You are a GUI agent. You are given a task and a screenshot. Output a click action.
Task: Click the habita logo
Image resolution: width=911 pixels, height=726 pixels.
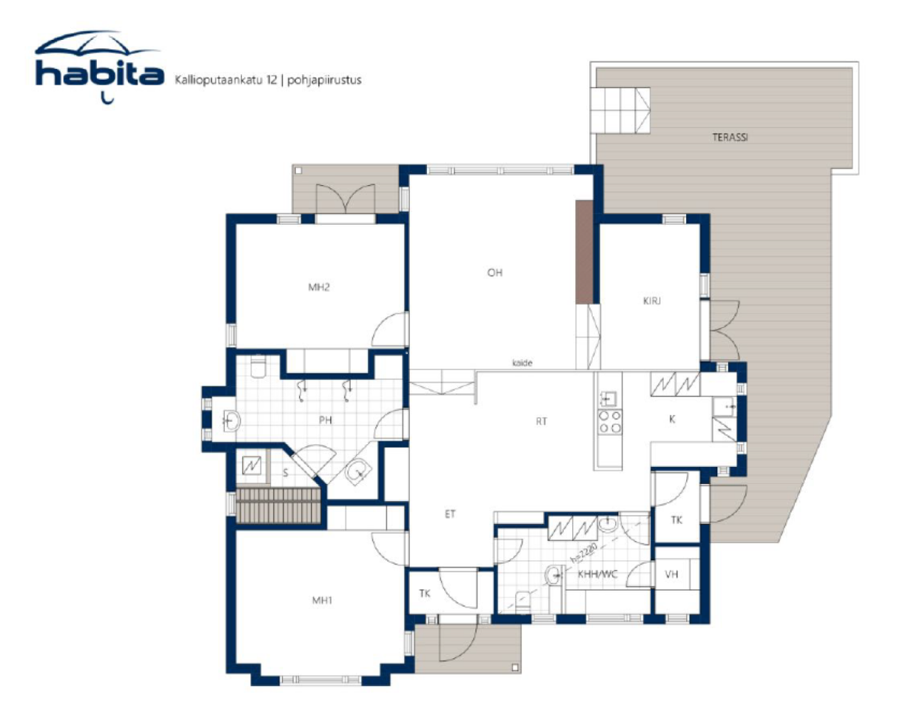tap(99, 67)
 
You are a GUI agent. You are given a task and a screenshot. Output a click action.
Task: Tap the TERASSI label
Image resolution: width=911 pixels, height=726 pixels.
tap(730, 137)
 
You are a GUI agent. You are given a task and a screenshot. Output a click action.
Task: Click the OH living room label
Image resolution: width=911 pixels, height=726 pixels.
tap(495, 273)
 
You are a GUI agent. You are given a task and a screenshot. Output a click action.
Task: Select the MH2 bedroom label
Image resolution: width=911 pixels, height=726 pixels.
tap(319, 288)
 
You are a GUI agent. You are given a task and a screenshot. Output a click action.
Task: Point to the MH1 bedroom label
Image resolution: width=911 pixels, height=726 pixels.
tap(322, 600)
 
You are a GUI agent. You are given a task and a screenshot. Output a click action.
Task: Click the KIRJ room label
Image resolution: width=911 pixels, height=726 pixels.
tap(651, 301)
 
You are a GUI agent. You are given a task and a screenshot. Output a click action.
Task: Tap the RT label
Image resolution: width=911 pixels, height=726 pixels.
tap(542, 421)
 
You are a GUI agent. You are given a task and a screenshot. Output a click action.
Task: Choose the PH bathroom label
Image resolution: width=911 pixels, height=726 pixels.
tap(325, 420)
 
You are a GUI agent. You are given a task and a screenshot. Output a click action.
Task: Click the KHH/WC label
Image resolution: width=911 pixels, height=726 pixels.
tap(597, 574)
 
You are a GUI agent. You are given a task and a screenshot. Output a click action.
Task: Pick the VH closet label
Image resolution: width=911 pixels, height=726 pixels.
tap(671, 574)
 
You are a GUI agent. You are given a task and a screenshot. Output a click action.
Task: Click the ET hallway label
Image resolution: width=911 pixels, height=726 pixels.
tap(450, 514)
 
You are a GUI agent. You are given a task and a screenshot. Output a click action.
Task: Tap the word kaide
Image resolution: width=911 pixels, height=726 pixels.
tap(522, 363)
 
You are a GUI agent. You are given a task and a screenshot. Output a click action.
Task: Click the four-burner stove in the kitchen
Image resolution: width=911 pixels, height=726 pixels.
tap(609, 422)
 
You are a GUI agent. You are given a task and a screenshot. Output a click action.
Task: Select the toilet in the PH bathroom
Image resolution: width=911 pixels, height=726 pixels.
tap(258, 366)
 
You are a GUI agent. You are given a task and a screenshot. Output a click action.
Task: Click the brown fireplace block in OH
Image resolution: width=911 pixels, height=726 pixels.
tap(584, 252)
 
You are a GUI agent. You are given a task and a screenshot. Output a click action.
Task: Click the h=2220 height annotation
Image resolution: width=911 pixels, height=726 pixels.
tap(584, 553)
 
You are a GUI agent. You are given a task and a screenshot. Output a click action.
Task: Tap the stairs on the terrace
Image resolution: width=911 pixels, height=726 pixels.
tap(620, 111)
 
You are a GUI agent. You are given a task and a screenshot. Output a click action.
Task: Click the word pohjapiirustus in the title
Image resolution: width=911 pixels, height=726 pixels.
tap(325, 80)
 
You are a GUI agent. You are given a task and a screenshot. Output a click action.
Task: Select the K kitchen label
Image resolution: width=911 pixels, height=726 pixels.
tap(672, 419)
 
